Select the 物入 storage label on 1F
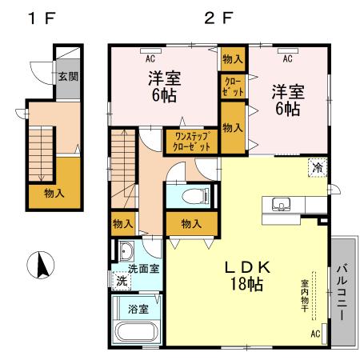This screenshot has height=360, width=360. tap(54, 193)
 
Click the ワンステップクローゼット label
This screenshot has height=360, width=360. tap(192, 142)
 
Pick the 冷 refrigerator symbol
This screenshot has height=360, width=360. tap(318, 167)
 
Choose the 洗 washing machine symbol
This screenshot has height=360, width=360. tap(122, 282)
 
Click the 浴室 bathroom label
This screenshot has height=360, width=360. tap(138, 307)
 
